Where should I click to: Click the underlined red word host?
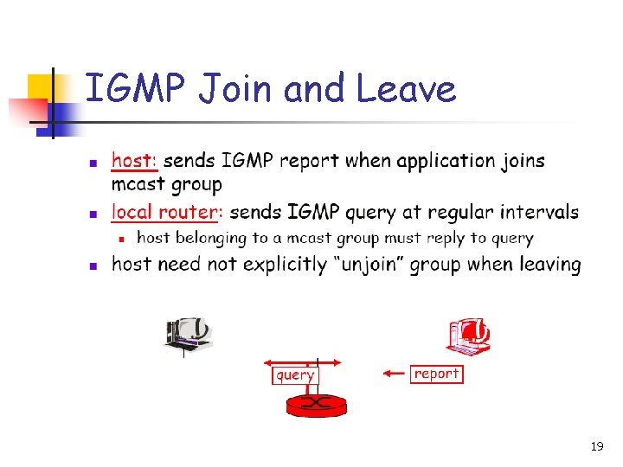[134, 161]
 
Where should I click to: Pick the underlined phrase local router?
[168, 212]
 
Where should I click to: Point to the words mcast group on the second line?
[167, 184]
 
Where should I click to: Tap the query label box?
[295, 375]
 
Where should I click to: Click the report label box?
[437, 374]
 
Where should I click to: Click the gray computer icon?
[188, 333]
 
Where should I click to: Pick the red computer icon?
[468, 336]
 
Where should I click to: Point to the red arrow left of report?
[395, 374]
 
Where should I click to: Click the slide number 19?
[596, 446]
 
